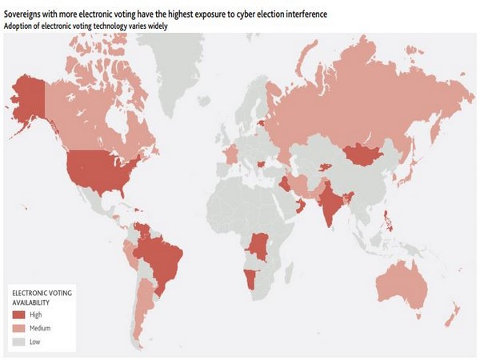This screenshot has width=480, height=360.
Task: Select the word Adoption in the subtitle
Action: (20, 26)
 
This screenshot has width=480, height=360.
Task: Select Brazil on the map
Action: (160, 256)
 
